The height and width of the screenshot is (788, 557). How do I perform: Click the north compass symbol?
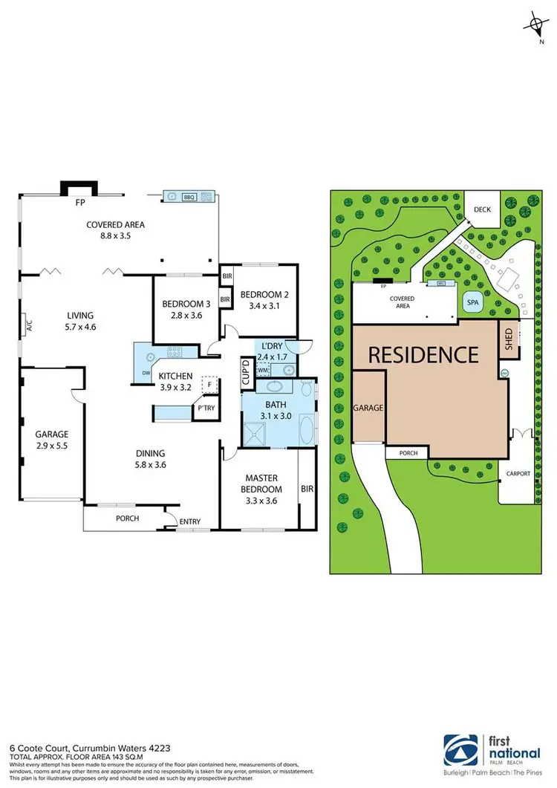coord(534,27)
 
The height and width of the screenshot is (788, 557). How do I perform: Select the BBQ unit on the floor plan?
coord(190,197)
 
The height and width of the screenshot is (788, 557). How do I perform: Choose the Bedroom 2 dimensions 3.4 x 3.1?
coord(264,305)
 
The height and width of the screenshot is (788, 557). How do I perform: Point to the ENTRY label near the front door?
coord(190,522)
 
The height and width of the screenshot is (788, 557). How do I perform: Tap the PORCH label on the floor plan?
coord(128,518)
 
